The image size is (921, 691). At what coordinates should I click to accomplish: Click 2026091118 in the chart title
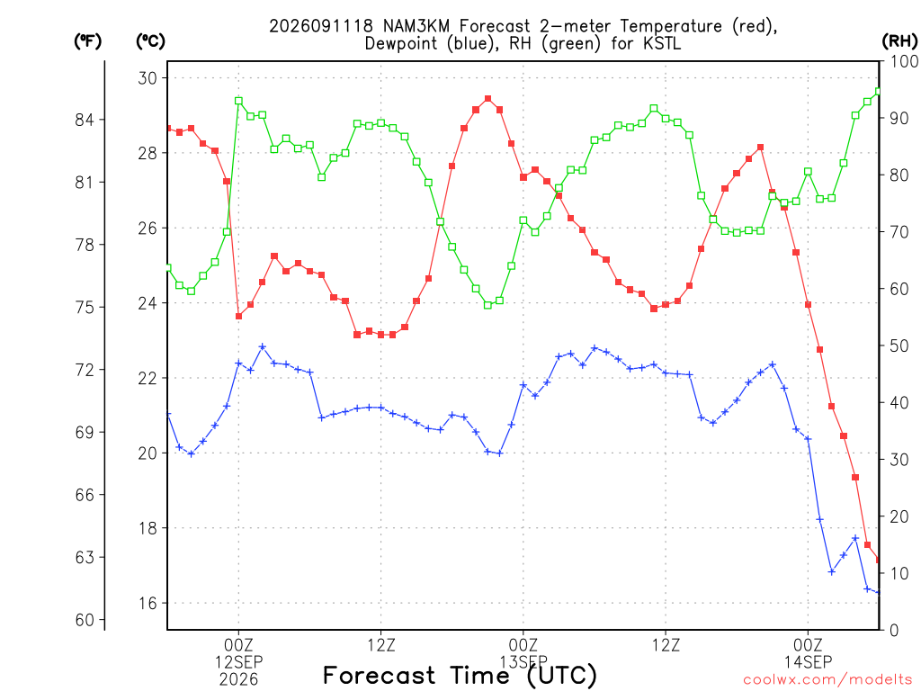point(321,26)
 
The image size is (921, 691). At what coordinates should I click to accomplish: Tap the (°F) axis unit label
point(87,41)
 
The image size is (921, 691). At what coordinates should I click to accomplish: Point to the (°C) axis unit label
point(150,41)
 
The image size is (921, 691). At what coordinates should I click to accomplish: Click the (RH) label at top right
point(899,41)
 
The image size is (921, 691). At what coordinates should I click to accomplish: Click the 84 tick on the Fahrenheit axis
point(85,120)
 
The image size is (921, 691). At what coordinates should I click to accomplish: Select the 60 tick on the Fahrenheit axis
point(85,620)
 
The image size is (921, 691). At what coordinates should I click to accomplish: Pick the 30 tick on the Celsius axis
point(148,78)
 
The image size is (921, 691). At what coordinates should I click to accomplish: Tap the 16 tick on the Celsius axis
point(148,604)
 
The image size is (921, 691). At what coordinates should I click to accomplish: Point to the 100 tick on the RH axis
point(904,61)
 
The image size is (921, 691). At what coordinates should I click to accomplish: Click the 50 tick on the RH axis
point(899,346)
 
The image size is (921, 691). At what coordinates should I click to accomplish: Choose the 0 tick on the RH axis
point(894,631)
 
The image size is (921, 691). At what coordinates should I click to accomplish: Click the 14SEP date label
point(809,662)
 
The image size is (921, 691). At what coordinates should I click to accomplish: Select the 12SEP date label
point(238,662)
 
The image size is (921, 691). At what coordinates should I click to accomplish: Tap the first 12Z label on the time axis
point(381,645)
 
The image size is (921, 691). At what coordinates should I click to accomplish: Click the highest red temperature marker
point(487,99)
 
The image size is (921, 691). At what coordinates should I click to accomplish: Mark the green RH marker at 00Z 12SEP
point(238,101)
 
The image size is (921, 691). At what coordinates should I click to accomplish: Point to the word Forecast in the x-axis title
point(380,676)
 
